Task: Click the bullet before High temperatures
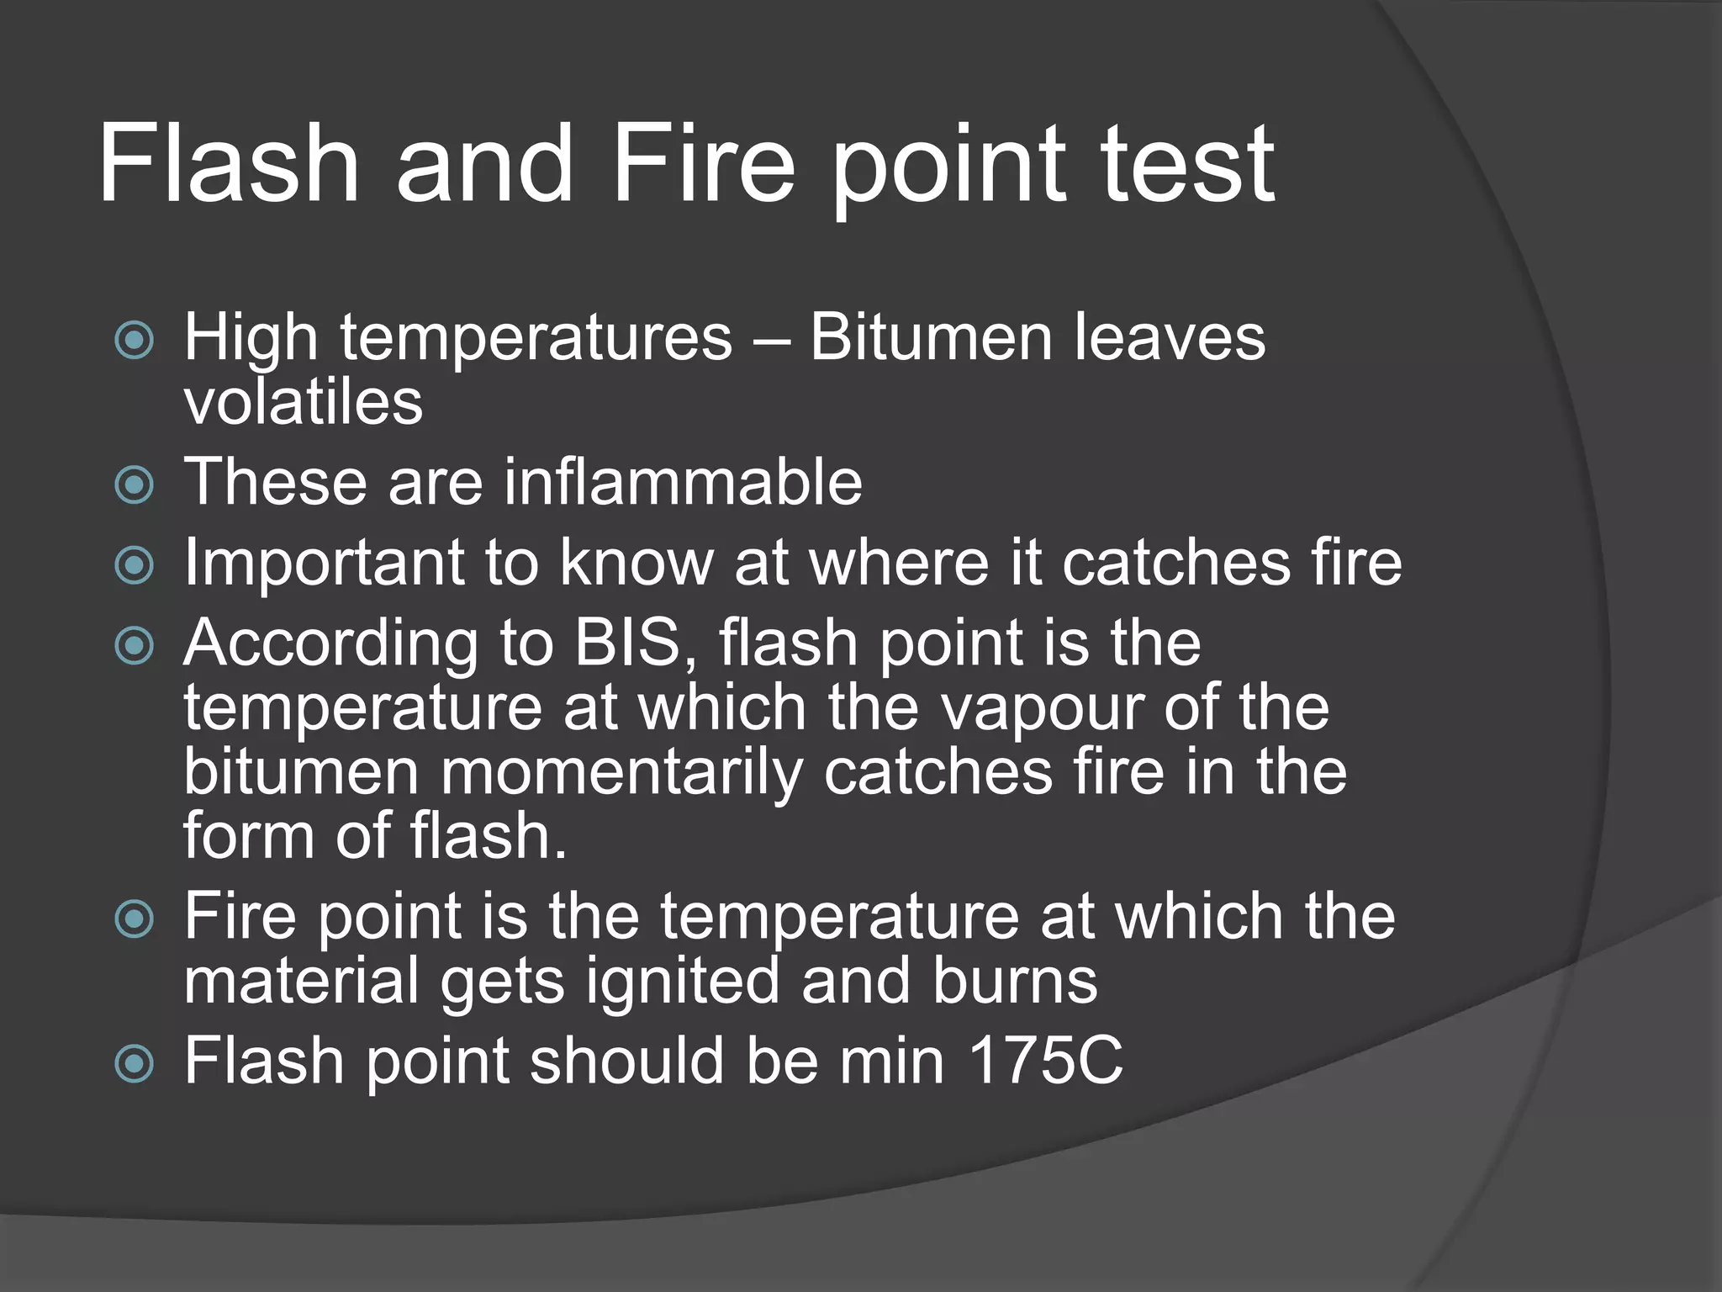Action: [x=135, y=340]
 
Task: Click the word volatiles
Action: [x=303, y=401]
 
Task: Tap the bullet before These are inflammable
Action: [x=135, y=484]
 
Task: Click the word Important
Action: [x=324, y=562]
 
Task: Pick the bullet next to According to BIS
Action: [x=135, y=645]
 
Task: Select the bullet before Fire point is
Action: [x=135, y=919]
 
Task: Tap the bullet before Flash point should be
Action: [x=135, y=1063]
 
